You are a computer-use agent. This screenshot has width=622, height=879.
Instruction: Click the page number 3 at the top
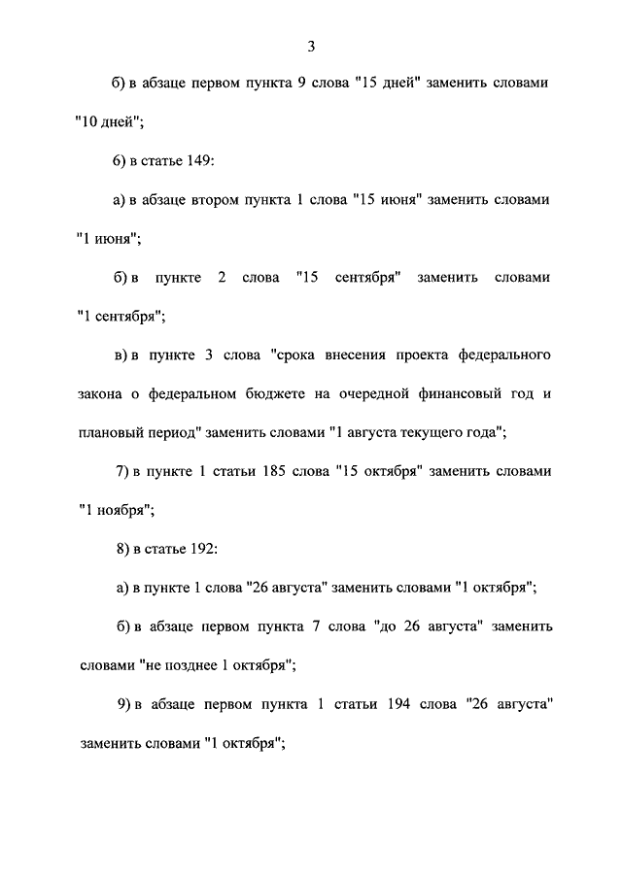(311, 47)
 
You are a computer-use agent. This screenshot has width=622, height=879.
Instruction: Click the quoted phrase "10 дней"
(109, 122)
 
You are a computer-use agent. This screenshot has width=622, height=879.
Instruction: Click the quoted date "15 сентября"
(348, 278)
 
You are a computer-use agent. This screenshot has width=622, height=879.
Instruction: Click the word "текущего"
(432, 433)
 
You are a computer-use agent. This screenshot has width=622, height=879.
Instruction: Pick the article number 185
(275, 472)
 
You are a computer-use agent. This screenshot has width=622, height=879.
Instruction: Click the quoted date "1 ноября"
(114, 509)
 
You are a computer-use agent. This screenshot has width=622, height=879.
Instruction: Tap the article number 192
(201, 550)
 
